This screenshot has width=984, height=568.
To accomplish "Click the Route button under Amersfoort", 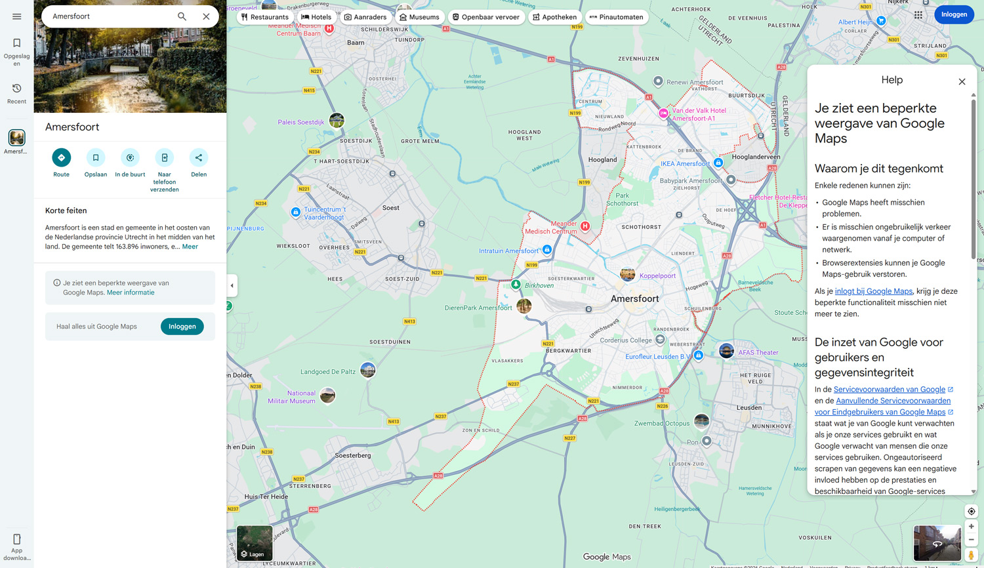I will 61,158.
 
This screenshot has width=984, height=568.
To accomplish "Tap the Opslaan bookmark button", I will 96,158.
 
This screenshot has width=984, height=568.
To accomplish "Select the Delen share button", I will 199,158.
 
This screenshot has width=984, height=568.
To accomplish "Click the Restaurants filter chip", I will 265,17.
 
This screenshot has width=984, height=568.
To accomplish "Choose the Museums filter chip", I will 419,17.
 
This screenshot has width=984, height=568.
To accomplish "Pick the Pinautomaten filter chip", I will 617,17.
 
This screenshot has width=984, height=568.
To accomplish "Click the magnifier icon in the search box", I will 182,16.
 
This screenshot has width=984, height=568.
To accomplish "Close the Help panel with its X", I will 962,82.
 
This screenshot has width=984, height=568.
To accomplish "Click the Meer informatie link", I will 131,293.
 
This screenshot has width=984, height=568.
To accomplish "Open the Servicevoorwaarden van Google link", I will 889,390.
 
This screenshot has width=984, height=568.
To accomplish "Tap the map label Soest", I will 391,208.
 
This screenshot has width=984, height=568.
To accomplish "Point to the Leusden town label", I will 749,407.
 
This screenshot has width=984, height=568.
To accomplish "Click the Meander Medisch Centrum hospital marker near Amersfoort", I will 585,226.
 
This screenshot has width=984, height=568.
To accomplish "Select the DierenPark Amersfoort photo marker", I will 524,306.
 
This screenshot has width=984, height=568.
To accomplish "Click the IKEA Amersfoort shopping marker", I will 718,163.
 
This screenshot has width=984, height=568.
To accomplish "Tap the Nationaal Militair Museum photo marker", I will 327,395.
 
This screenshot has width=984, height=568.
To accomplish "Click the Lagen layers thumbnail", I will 255,543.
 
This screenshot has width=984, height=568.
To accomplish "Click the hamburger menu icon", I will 17,16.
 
